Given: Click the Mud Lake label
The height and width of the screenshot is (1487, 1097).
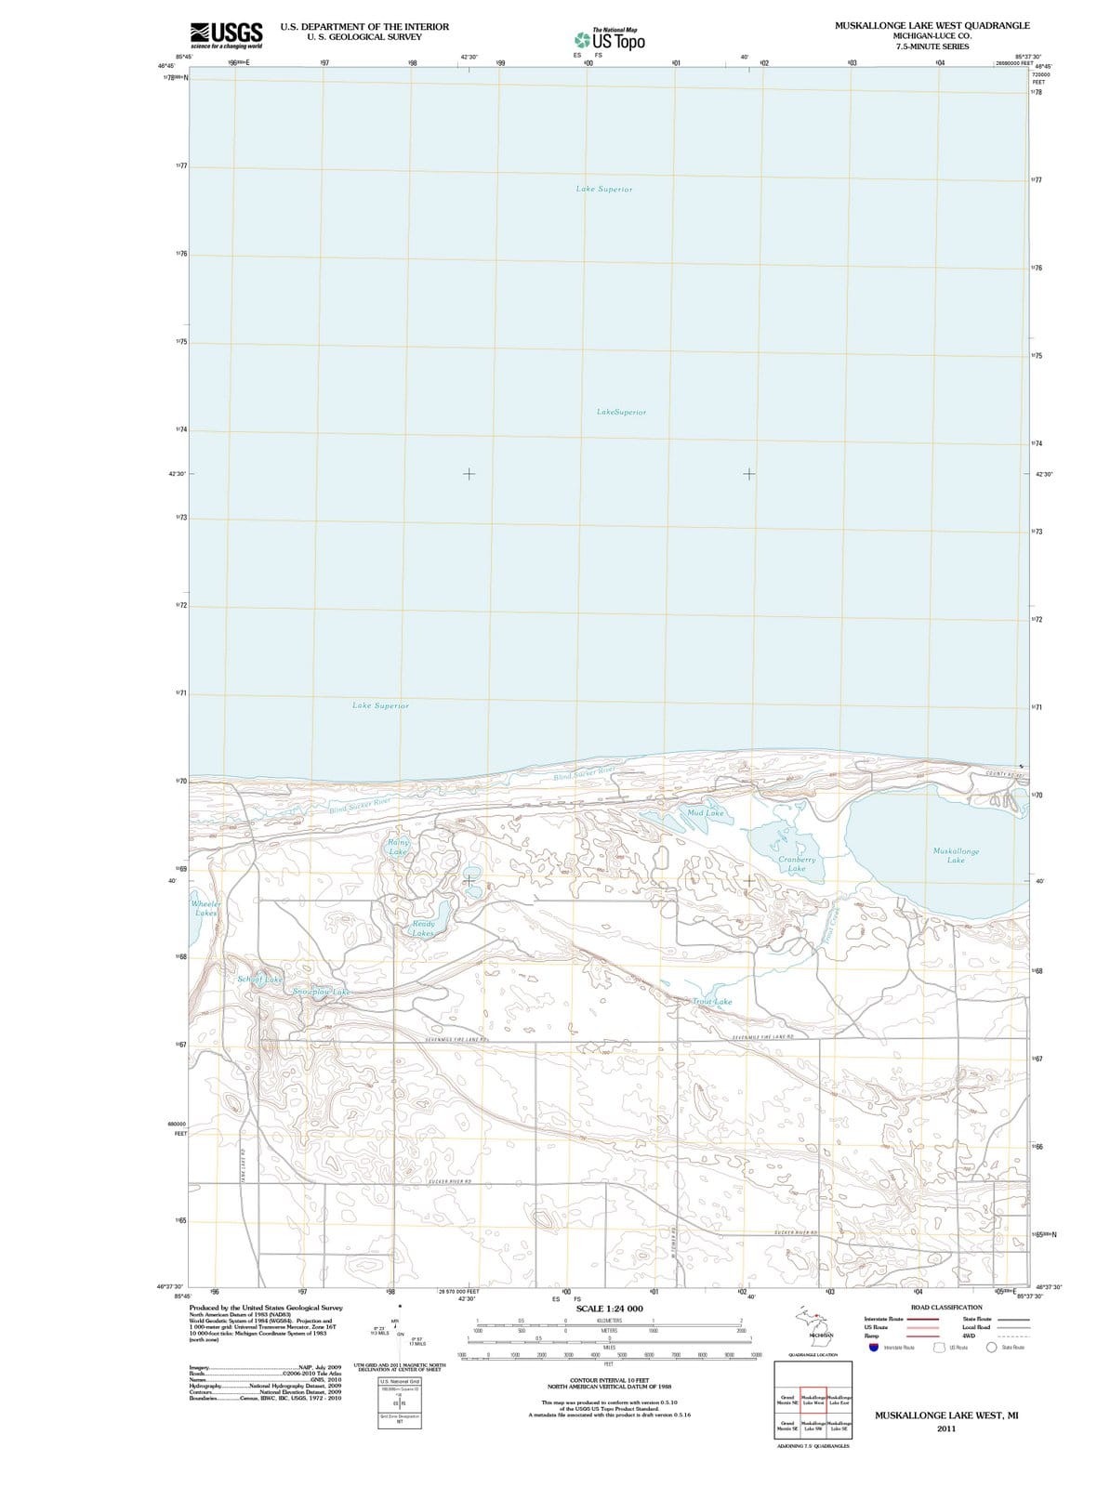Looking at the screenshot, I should pos(705,813).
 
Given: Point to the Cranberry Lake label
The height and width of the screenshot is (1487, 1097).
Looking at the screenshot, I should pos(797,864).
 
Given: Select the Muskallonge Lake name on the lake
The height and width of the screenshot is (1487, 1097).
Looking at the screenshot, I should pos(955,855).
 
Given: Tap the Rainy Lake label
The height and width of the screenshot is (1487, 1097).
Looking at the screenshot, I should pos(398,847).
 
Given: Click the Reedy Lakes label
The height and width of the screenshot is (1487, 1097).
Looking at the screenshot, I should pos(423,928).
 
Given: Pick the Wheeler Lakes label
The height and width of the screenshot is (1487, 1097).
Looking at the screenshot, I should pos(205,908).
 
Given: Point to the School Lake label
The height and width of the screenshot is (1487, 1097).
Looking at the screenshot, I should pos(259,980).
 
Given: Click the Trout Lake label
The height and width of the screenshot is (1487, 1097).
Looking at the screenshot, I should pos(712,1002).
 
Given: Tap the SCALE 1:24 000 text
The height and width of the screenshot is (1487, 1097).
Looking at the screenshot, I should pos(609,1309).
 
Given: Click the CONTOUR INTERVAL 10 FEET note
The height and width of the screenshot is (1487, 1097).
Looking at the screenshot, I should pos(609,1380).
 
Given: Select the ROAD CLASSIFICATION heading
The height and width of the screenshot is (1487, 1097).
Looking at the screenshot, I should pos(946,1307).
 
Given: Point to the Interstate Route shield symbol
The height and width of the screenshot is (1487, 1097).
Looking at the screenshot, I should pos(873,1348).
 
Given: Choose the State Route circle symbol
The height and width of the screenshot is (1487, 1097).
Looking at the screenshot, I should pos(992,1348).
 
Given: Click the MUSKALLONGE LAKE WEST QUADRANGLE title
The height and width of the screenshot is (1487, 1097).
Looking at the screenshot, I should pos(932,25).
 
